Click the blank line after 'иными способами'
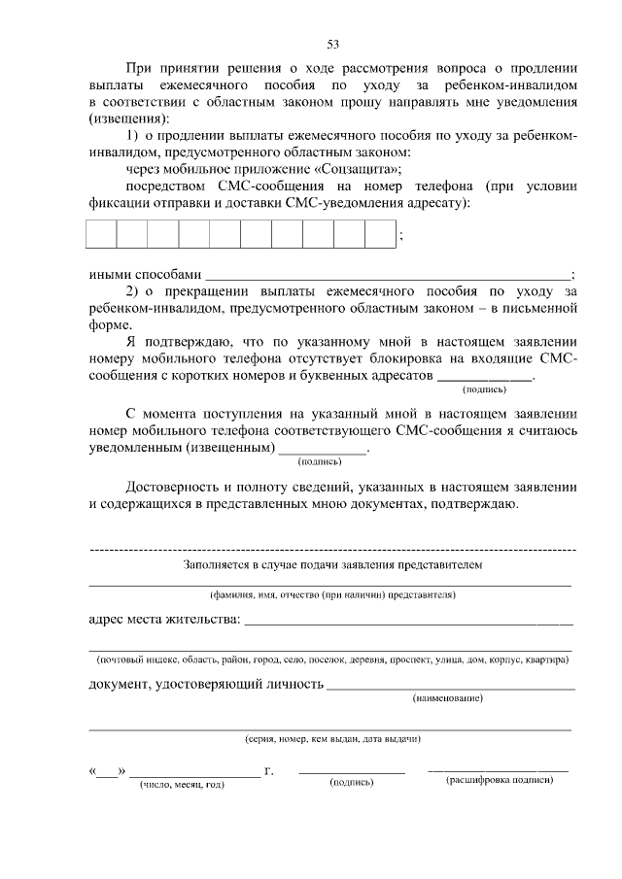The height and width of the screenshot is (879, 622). (389, 273)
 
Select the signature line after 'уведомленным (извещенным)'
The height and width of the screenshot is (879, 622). (323, 450)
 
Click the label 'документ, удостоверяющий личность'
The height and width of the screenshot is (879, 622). (206, 684)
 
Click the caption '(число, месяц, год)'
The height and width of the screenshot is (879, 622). (182, 784)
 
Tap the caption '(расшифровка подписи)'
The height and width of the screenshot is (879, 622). (500, 781)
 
